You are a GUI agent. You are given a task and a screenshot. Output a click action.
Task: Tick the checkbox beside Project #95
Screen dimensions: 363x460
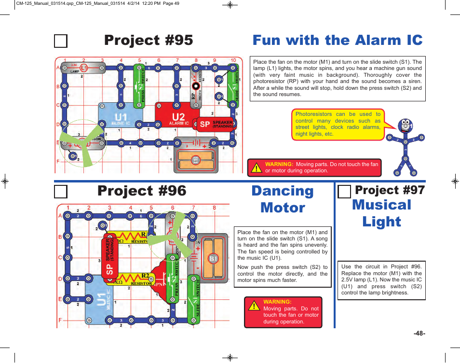61,41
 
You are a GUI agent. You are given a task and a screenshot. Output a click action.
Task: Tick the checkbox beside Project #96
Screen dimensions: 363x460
61,192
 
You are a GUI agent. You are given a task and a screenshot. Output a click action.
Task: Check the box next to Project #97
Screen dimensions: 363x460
344,192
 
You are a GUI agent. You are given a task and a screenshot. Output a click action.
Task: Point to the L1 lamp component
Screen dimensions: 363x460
84,68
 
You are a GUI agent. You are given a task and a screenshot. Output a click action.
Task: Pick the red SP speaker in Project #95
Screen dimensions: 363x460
215,124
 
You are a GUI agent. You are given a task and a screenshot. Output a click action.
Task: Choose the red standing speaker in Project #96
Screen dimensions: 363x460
109,255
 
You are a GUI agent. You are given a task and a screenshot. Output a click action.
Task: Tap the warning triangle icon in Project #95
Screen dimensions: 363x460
256,168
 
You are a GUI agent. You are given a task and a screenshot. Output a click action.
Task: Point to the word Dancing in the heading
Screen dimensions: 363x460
283,191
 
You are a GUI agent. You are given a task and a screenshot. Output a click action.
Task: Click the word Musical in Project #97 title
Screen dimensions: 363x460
381,205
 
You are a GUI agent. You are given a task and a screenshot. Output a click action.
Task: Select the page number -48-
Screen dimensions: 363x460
419,334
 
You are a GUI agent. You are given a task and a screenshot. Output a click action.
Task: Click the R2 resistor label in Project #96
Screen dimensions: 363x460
145,276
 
